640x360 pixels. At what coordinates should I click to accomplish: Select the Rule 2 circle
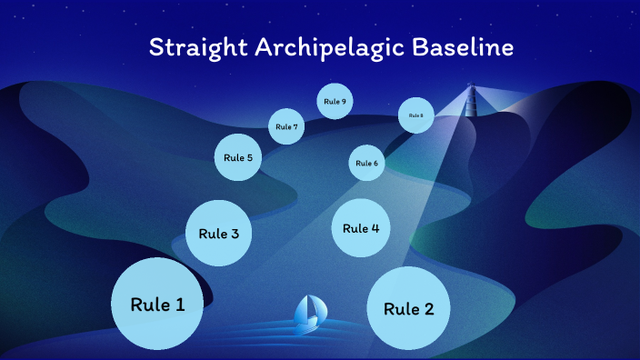(x=407, y=309)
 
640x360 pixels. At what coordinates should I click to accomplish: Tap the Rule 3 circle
(x=218, y=234)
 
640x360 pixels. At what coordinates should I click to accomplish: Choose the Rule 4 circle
(x=361, y=228)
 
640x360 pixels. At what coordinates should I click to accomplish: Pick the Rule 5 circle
(x=238, y=157)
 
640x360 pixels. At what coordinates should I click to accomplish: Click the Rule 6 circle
(x=366, y=163)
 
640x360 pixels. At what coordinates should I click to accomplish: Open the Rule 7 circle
(x=286, y=126)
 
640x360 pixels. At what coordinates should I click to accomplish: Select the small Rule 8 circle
(x=415, y=115)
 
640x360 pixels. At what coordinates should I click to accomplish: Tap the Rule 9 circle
(x=335, y=101)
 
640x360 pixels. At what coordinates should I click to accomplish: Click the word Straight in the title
(x=192, y=47)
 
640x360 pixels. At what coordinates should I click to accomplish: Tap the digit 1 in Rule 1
(x=180, y=305)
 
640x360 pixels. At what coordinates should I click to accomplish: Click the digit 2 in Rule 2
(x=428, y=309)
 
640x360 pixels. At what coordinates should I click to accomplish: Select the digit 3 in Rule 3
(x=235, y=234)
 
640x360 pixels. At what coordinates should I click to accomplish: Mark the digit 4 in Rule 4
(x=375, y=228)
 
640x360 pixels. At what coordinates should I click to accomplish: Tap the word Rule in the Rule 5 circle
(x=233, y=157)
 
